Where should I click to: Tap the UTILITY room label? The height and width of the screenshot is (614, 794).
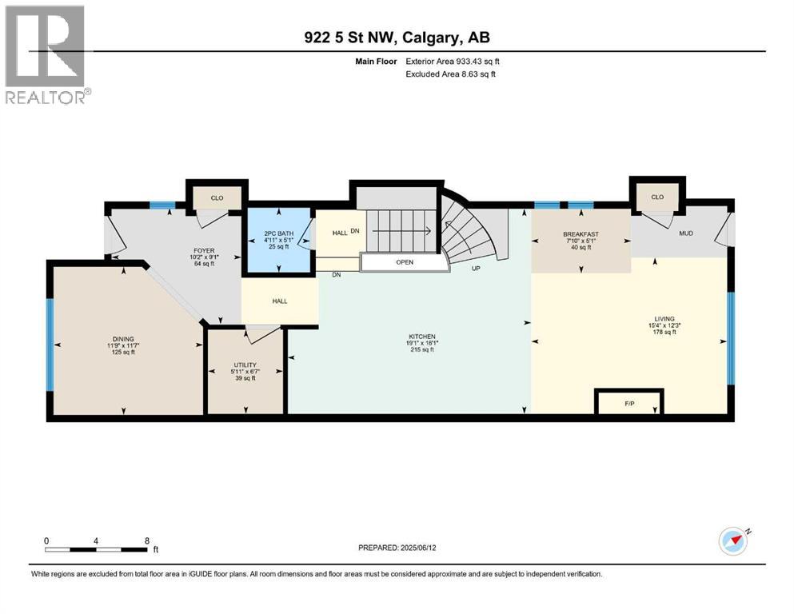[x=245, y=365]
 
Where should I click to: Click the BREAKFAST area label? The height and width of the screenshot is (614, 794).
[x=581, y=234]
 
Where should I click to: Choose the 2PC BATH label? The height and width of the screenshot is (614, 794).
[x=279, y=233]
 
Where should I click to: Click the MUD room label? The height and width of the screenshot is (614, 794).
[x=685, y=233]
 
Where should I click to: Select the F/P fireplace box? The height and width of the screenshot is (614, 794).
[x=629, y=403]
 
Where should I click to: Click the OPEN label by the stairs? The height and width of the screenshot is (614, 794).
[x=405, y=262]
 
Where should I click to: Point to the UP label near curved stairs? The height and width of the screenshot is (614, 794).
[x=475, y=269]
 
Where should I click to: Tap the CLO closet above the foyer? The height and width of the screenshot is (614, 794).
[x=217, y=197]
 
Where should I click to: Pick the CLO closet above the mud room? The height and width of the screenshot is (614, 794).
[x=657, y=197]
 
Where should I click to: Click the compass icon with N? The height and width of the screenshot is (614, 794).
[x=733, y=541]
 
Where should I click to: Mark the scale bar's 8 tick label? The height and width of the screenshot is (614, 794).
[x=146, y=540]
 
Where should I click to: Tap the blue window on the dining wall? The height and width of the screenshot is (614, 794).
[x=50, y=344]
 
